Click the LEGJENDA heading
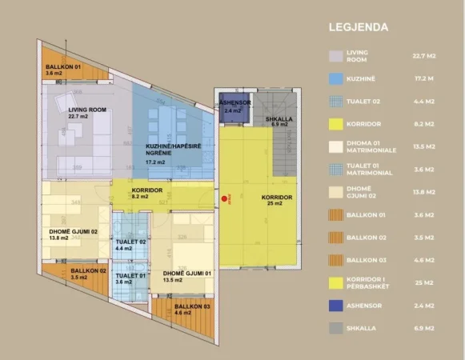point(359,26)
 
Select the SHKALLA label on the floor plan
point(278,119)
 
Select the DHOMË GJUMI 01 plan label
point(183,274)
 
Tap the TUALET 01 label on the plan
point(129,277)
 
